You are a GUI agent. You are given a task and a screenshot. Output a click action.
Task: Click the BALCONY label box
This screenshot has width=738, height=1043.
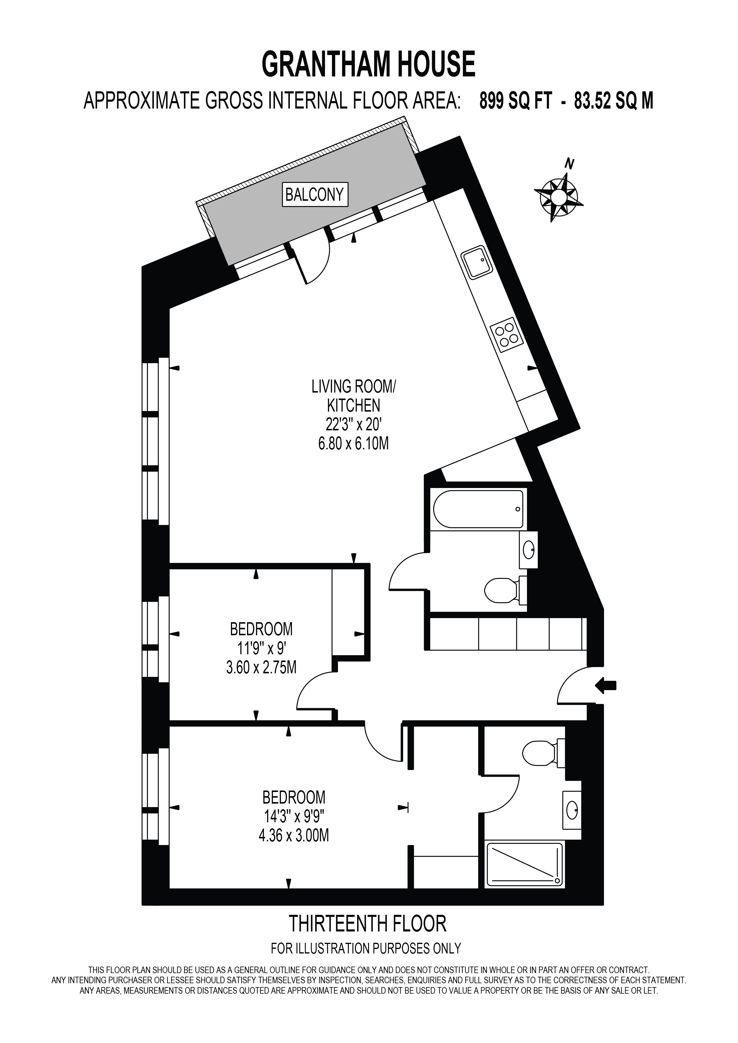point(315,195)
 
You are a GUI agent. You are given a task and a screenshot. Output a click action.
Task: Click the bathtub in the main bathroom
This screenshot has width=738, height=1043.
point(478,509)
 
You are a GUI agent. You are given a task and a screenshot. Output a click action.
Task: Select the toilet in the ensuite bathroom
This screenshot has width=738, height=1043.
point(543,753)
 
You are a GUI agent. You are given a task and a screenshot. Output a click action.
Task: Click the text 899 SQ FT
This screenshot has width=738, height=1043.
point(516,101)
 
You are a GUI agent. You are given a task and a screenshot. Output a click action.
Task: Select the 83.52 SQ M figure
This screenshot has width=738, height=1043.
point(614,101)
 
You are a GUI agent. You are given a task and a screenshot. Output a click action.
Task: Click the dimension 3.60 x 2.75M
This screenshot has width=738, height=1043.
point(261,667)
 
